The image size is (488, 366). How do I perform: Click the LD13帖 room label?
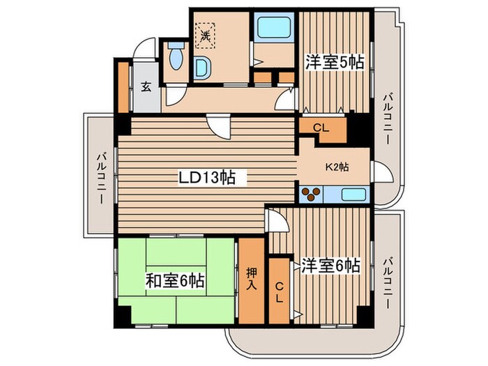coord(207,178)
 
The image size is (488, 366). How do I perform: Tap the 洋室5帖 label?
coord(334,62)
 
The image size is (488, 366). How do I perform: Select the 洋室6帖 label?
coord(331,266)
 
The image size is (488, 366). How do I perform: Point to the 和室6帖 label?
coord(175,281)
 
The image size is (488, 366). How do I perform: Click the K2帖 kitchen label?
coord(337,167)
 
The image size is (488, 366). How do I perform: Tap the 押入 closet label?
coord(251,279)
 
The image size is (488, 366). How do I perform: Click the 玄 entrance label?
coord(146,87)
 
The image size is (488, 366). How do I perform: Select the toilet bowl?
coord(176,56)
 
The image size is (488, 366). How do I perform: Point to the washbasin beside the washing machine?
coord(201,68)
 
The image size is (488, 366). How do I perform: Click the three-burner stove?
coord(311,195)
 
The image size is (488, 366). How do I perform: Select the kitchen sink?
coord(353,195)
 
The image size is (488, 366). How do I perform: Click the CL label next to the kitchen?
coord(321,128)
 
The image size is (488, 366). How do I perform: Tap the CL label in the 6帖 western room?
coord(280,292)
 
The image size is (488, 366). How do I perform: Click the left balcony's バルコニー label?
coord(102,178)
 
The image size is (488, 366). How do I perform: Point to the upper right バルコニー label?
coord(388,119)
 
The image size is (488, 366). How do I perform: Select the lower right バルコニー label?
coord(388,282)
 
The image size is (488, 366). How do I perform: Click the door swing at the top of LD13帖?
coord(219,126)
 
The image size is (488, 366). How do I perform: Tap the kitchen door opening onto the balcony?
coord(383,171)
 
